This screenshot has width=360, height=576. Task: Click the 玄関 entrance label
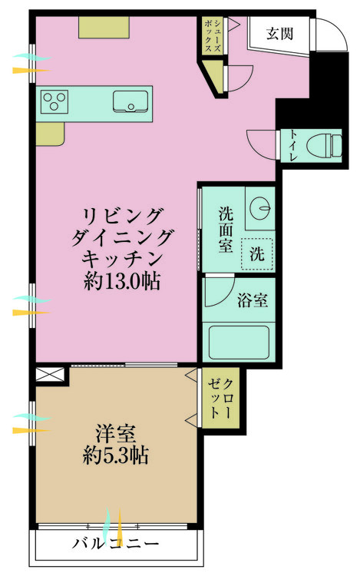pos(279,34)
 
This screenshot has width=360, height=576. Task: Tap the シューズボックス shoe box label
pos(213,36)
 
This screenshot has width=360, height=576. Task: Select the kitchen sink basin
pos(130,101)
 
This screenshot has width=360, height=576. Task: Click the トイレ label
pos(293,145)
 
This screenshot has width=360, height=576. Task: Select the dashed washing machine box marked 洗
pos(257,253)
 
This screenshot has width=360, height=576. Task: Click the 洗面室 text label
pos(226,230)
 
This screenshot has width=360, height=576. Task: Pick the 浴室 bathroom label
pos(252,300)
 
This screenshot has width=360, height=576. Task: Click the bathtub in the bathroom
pos(239,343)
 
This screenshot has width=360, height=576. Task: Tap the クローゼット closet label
pos(220,399)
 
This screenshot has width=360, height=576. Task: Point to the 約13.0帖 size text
pos(122,282)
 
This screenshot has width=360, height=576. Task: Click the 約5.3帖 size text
pos(116,455)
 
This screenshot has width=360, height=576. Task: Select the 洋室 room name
pos(116,433)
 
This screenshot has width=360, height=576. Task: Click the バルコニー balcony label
pos(116,543)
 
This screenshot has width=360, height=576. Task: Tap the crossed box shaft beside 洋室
pos(50,375)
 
